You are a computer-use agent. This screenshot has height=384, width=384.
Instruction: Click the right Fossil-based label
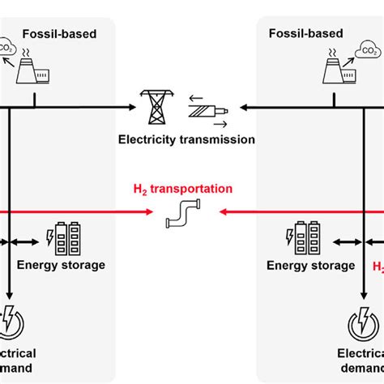click(x=305, y=33)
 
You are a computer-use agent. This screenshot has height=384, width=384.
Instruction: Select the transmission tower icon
click(x=152, y=105)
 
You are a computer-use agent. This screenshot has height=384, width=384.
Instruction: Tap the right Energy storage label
click(x=311, y=265)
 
